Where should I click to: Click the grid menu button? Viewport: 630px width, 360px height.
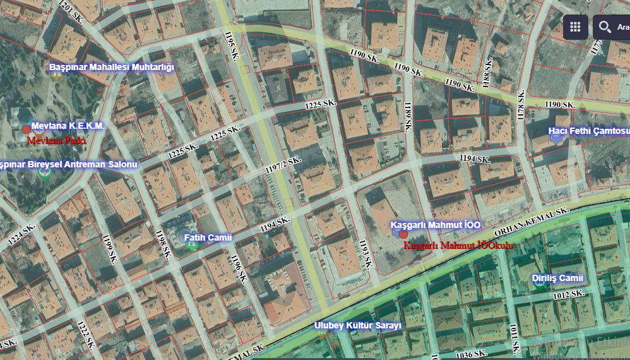pos(575,27)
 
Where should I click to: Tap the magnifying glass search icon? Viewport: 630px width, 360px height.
pos(605,27)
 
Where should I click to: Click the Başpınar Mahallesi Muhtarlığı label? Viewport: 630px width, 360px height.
pos(111,67)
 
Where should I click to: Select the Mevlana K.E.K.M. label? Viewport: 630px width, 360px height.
pos(68,126)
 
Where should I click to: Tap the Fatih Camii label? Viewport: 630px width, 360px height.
pos(208,237)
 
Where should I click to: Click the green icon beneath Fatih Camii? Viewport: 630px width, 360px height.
pos(193,246)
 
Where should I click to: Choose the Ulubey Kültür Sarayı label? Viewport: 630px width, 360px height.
pos(357,326)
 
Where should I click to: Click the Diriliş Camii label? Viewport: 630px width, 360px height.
pos(557,278)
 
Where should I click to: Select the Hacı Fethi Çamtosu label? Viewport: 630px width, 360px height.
pos(588,131)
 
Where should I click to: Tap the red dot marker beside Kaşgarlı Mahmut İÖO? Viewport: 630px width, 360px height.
pos(403,234)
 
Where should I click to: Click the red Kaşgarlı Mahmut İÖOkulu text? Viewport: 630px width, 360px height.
pos(458,244)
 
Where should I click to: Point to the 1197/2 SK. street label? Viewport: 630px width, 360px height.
pos(283,165)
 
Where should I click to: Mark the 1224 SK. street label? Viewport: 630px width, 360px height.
pos(20,234)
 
